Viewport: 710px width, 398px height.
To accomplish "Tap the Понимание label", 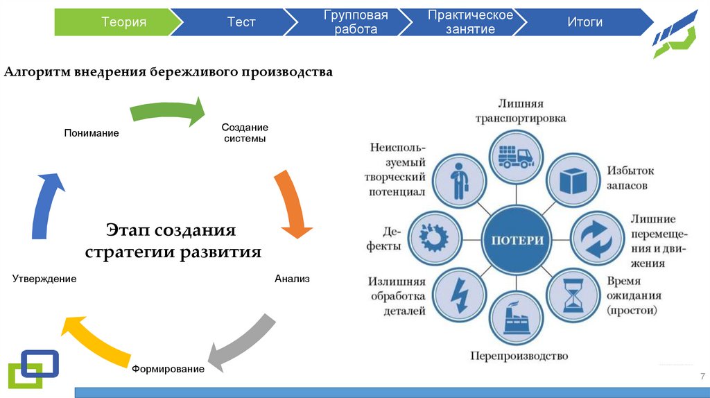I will (92, 133).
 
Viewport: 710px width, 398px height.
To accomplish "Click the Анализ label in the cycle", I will (292, 279).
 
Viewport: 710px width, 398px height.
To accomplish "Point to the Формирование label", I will (168, 369).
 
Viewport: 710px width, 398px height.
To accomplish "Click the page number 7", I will (702, 376).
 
